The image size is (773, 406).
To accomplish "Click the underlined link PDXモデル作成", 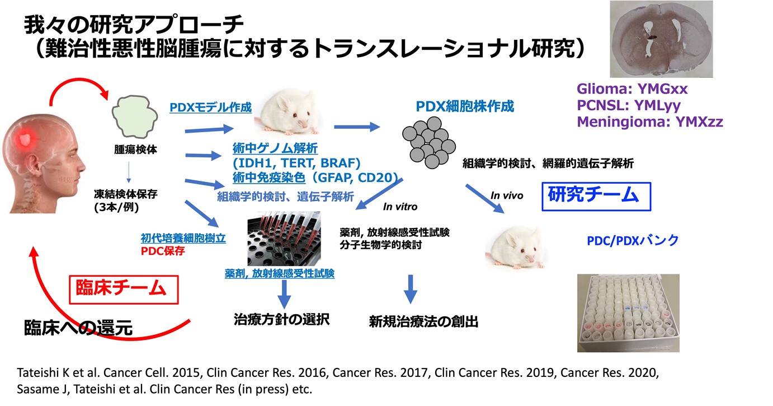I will (210, 106).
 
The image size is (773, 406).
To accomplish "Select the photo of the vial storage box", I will (628, 312).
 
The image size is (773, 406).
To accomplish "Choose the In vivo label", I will (507, 195).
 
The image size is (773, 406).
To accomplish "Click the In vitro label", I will (400, 207).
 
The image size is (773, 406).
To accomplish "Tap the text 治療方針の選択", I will (281, 320).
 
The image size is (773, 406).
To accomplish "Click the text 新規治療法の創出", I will (423, 321).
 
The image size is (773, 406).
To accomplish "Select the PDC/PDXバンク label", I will (633, 240).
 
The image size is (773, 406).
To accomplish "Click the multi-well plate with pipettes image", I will (284, 237).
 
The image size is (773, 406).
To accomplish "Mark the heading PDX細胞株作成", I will (465, 106).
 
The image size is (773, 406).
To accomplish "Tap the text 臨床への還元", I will (78, 328).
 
